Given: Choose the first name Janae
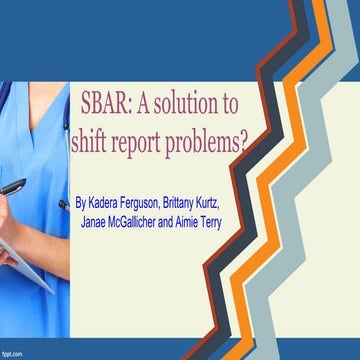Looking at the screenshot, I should pos(97,221).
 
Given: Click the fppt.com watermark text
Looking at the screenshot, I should pos(13,354).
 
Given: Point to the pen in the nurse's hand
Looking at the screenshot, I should pos(12,187).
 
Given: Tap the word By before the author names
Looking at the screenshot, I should pos(81,203).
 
